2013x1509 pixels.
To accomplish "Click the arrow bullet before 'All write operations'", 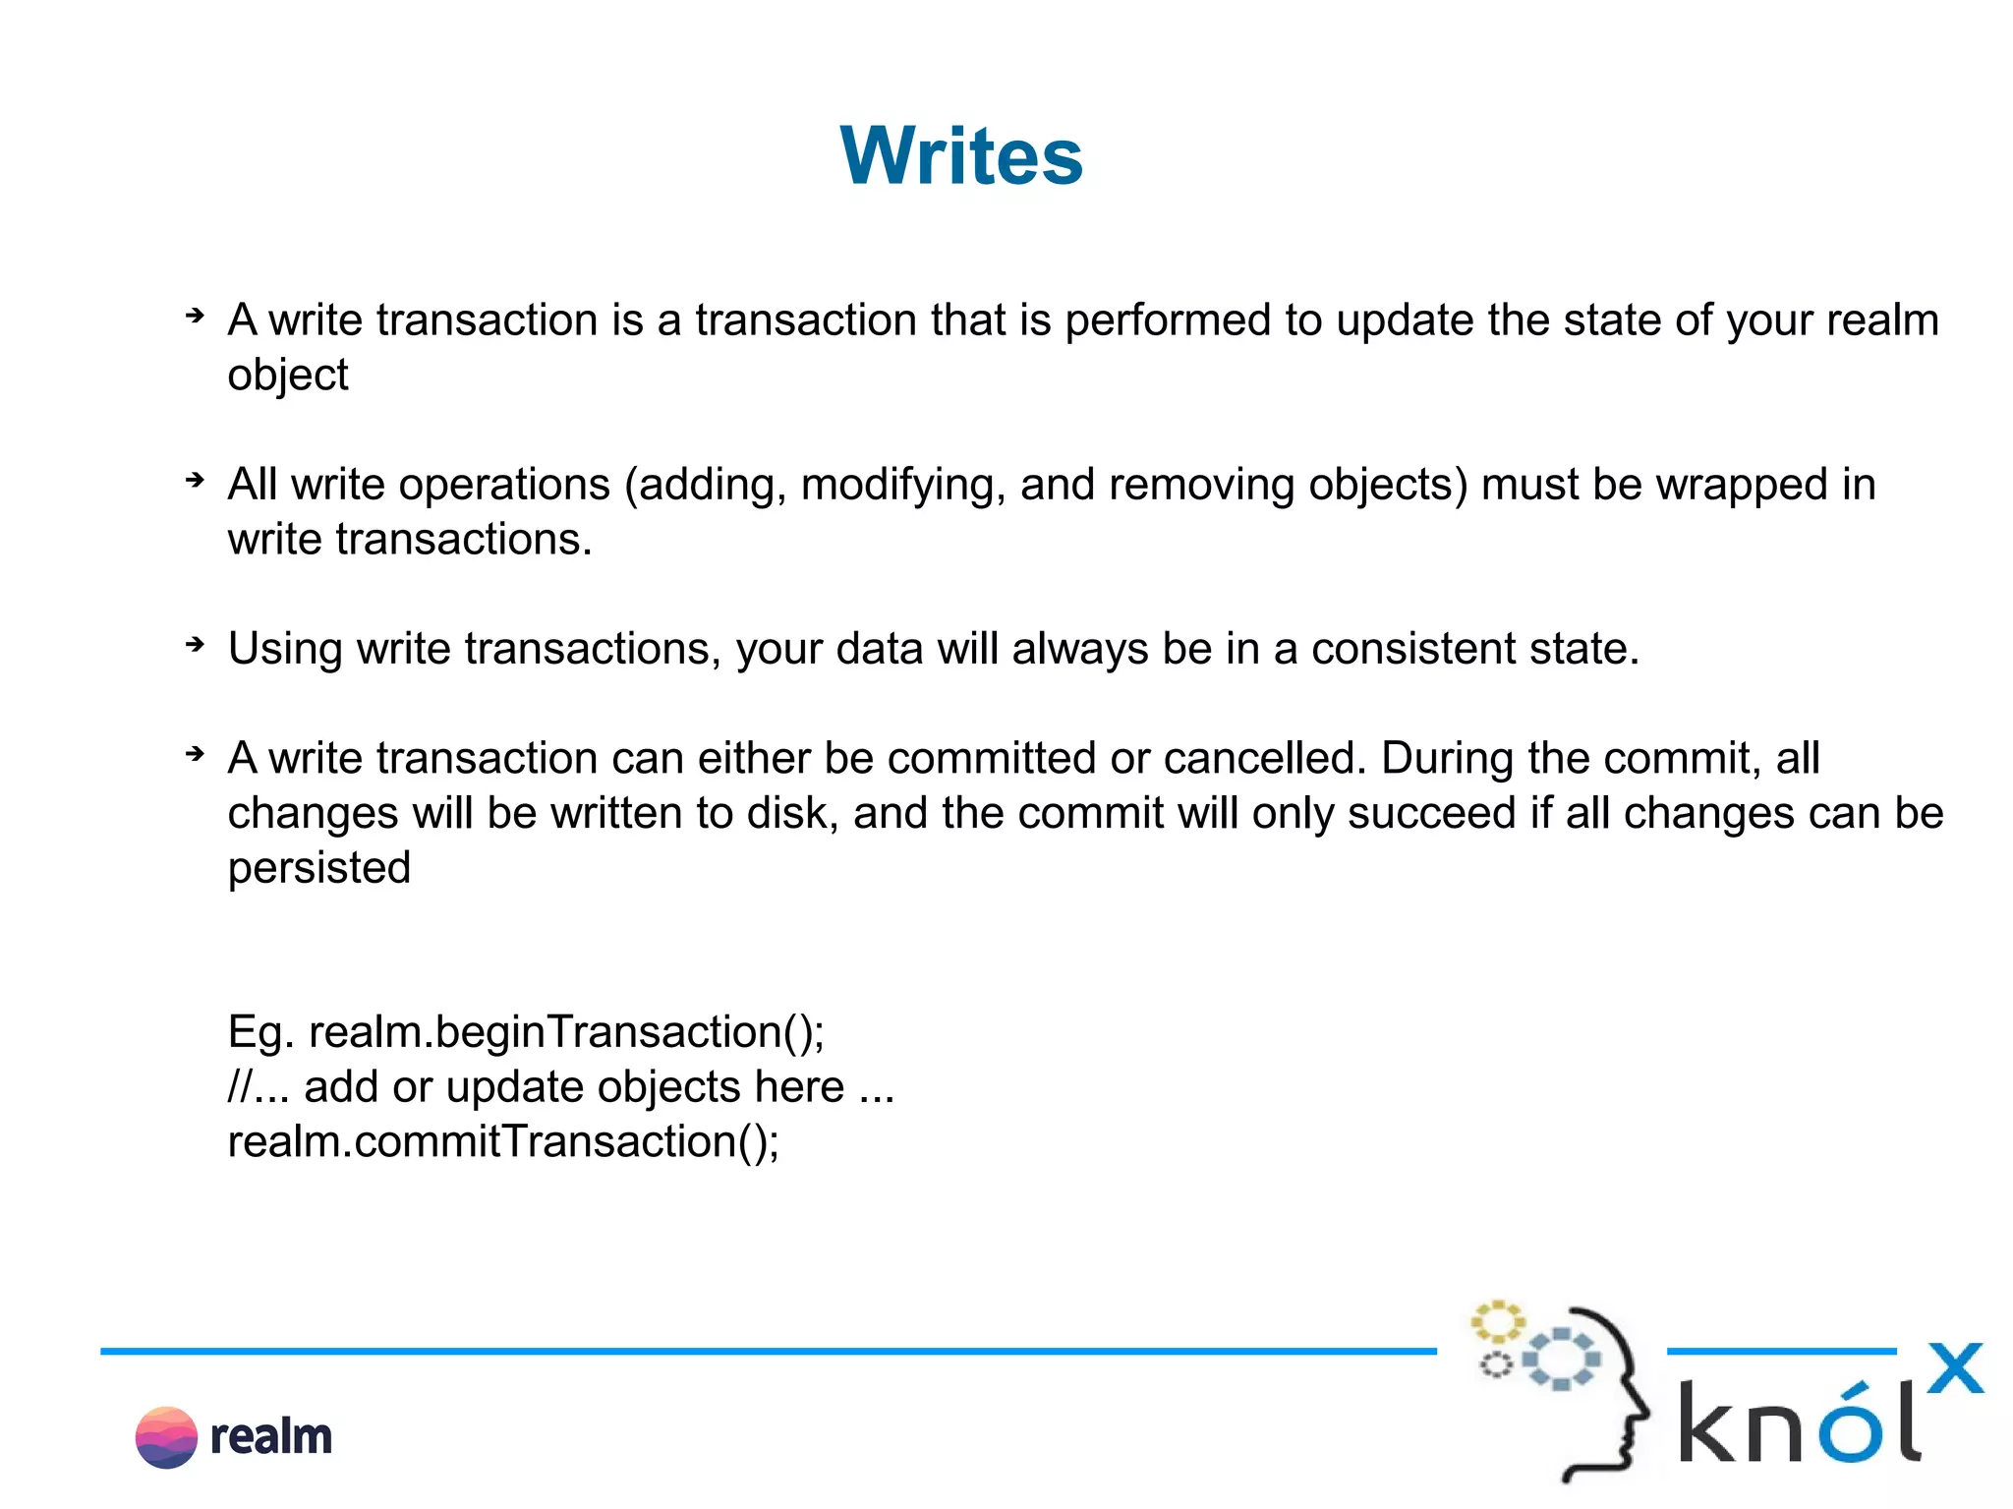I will [x=196, y=481].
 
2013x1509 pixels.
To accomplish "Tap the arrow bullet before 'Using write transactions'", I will [x=196, y=645].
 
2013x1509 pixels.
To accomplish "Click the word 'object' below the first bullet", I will [x=288, y=376].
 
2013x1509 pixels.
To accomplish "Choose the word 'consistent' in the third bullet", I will [x=1408, y=649].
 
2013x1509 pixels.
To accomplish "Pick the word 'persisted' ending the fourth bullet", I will [x=319, y=868].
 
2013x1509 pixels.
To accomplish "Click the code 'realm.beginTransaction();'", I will [x=566, y=1032].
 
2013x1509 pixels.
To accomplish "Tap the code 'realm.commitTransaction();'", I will [x=503, y=1141].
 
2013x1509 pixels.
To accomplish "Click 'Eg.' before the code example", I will [x=260, y=1032].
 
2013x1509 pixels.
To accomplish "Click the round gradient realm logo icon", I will [x=166, y=1437].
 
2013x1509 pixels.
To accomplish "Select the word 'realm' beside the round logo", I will [x=271, y=1437].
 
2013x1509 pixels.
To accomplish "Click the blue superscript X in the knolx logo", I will [x=1954, y=1368].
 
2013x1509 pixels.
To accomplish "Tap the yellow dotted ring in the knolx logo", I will [x=1497, y=1322].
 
